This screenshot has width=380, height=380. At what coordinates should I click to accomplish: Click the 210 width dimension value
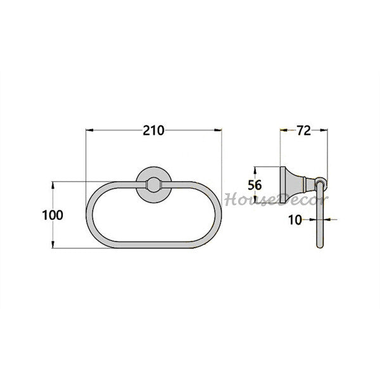(153, 130)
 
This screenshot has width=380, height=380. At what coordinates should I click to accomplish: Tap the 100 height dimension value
(53, 215)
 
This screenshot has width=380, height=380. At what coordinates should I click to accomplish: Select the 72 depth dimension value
(304, 130)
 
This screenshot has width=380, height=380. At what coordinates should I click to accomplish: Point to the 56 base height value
(255, 185)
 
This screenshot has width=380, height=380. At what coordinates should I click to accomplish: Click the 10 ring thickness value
(295, 220)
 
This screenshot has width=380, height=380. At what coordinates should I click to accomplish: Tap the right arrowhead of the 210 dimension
(218, 130)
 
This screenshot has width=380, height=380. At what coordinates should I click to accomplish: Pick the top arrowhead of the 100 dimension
(53, 185)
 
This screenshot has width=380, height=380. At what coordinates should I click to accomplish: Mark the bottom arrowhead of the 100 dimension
(53, 244)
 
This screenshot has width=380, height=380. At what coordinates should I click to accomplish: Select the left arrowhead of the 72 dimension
(284, 130)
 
